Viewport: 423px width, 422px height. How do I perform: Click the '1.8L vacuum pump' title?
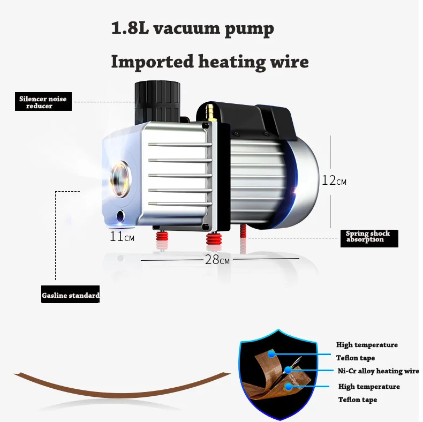pos(193,28)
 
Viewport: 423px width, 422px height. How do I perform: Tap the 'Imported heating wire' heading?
pos(210,62)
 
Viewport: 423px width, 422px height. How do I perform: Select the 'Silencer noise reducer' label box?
pos(43,101)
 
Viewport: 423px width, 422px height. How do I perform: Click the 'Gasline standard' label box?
pos(70,295)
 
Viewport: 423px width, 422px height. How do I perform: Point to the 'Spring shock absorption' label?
pos(369,238)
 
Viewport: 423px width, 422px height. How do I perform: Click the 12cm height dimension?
pos(334,180)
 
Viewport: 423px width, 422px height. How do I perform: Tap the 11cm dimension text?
pos(122,237)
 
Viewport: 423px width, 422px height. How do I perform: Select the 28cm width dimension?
pos(217,260)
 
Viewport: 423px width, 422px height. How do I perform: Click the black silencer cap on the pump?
pos(157,102)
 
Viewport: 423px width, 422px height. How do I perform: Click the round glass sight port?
pos(120,179)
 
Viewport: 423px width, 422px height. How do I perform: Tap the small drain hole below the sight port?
pos(120,216)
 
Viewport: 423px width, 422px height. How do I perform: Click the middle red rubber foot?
pos(214,239)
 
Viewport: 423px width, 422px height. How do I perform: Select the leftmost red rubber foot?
pos(162,237)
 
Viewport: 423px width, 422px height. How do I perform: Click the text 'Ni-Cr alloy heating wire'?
pos(378,371)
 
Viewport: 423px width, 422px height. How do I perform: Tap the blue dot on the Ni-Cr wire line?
pos(288,370)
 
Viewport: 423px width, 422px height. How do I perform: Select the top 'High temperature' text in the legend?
pos(367,345)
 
